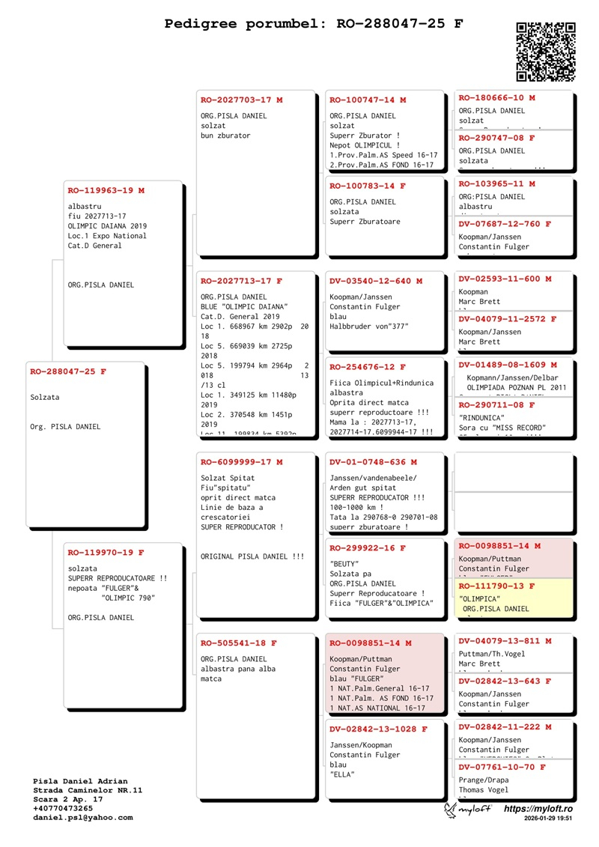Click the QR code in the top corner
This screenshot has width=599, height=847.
546,52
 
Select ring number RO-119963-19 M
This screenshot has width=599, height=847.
106,191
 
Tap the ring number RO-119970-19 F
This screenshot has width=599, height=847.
106,553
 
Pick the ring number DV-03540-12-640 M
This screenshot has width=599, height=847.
376,282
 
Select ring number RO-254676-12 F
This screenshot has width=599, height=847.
368,367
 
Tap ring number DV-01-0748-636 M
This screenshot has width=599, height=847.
373,462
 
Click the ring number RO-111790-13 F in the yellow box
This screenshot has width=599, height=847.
496,586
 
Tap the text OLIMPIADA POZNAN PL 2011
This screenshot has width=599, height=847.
517,387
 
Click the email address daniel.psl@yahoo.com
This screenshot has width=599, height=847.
83,817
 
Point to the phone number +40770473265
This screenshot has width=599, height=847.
64,808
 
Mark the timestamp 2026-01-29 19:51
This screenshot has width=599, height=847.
549,819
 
